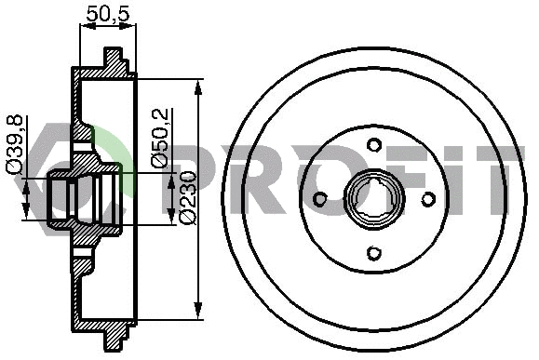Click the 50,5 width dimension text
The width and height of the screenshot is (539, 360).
coord(106,13)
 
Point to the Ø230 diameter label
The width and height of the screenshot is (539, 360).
coord(186,197)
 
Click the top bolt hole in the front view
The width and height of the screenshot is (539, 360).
coord(373,144)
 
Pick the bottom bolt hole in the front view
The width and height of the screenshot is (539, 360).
coord(373,253)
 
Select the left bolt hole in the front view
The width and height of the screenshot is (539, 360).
coord(319,199)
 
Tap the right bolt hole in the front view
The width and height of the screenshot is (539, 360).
coord(428,199)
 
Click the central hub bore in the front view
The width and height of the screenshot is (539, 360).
coord(373,199)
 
